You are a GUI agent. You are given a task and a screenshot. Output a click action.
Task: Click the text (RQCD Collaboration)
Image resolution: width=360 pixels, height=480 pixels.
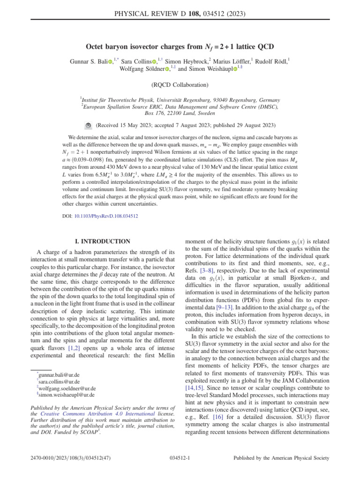tap(180, 85)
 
